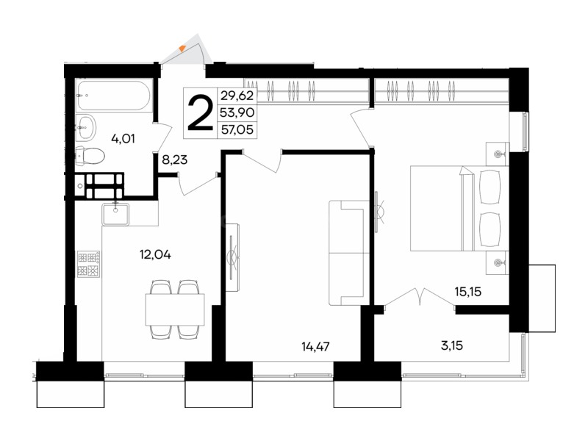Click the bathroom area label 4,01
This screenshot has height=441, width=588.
pos(123,139)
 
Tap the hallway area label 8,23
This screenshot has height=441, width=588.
pos(175,160)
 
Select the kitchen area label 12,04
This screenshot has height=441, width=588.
pos(155,255)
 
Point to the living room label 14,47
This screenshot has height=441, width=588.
pos(315,346)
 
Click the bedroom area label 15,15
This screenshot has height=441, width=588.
pos(468,291)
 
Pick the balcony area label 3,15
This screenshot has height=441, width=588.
pos(452,345)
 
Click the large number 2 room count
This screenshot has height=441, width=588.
pos(200,112)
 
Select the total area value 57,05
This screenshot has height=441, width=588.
pos(237,130)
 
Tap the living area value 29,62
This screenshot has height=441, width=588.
pos(237,96)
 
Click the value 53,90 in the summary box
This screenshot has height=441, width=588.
pos(237,112)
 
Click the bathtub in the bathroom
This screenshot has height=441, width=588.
pos(114,96)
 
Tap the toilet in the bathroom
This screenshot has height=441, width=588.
pos(90,156)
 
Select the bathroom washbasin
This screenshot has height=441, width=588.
pos(86,127)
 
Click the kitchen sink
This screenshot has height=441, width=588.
pos(115,214)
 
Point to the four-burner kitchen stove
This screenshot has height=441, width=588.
pos(88,264)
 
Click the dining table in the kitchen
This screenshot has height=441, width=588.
pos(175,309)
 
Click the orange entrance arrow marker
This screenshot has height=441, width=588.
pos(182,48)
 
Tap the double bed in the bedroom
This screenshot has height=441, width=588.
pos(459,208)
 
